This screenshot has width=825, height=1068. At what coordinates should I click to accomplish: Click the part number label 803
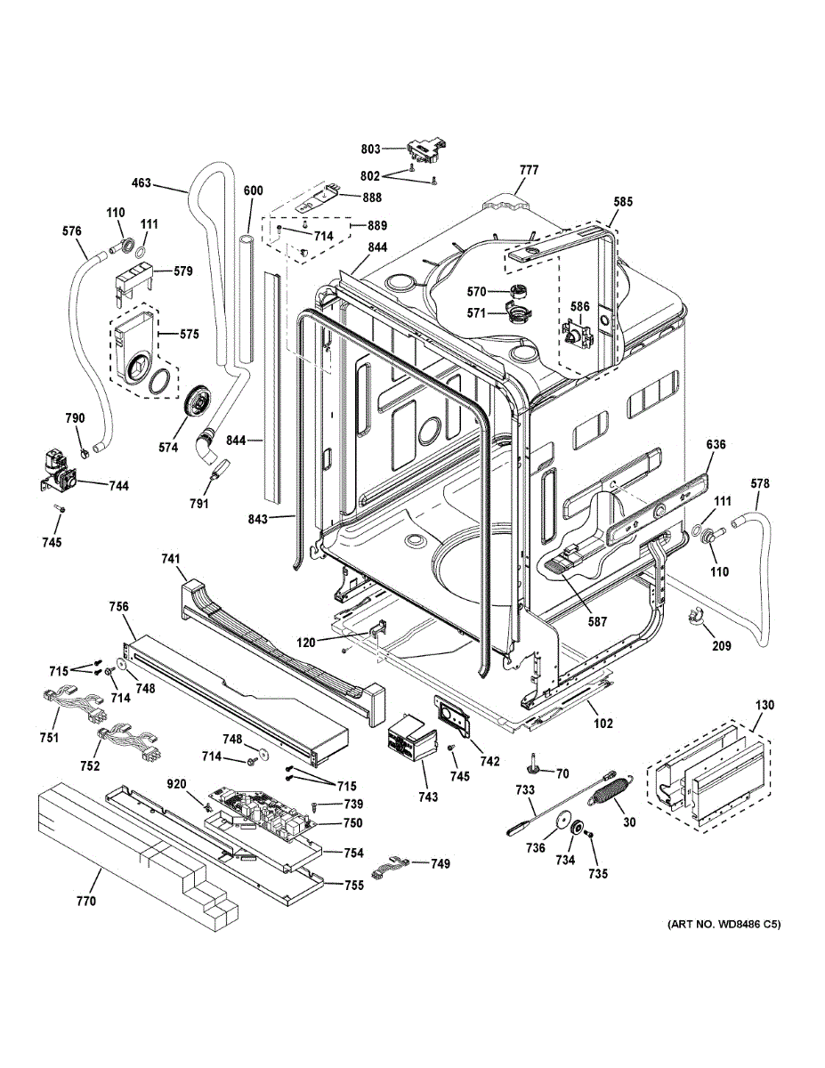pos(371,149)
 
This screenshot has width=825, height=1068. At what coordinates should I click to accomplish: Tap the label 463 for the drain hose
pos(141,184)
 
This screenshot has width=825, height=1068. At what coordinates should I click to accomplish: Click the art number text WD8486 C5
pos(724,925)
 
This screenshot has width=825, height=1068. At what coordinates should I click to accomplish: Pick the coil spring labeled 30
pos(611,787)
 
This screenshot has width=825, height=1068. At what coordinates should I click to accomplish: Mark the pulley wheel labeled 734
pos(576,829)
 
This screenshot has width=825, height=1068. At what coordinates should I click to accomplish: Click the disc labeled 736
pos(560,821)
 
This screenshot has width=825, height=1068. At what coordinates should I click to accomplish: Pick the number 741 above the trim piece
pos(171,559)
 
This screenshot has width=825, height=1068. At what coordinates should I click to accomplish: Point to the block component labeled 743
pos(407,740)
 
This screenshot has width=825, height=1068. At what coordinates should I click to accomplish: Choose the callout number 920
pos(176,784)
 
